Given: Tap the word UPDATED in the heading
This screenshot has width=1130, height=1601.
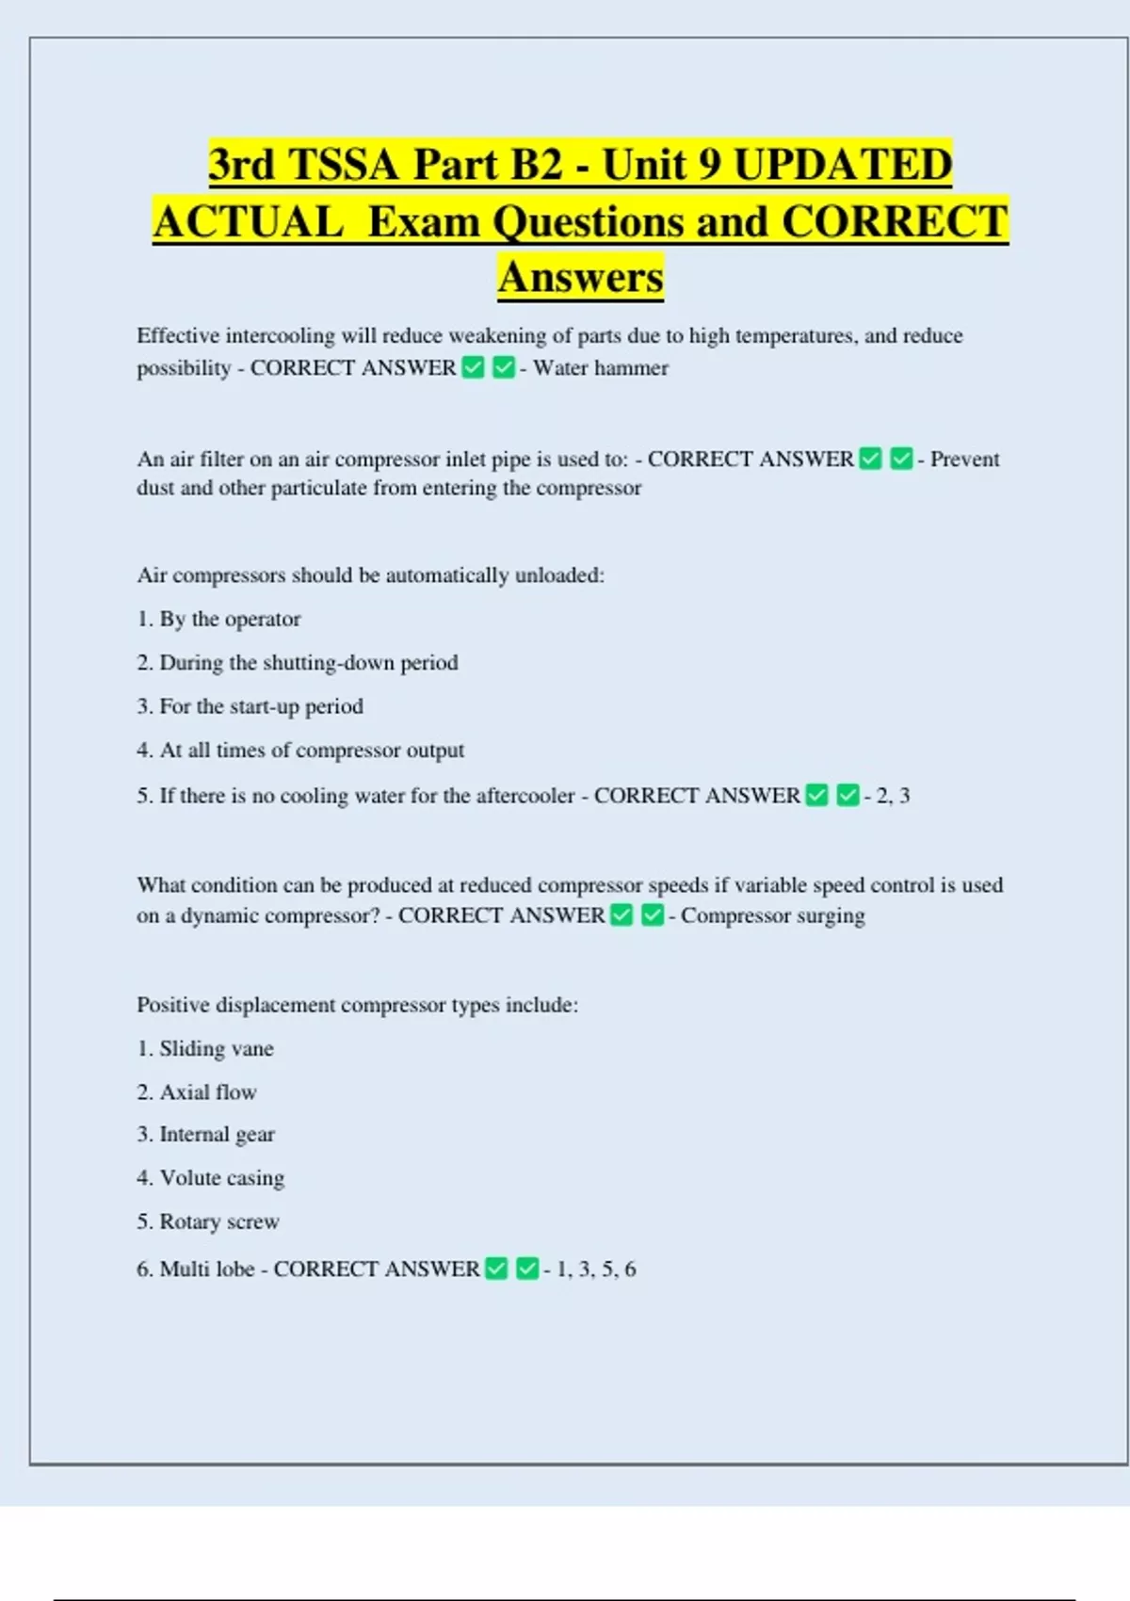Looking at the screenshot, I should pyautogui.click(x=842, y=165).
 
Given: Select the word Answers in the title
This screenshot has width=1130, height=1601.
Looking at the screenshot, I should pyautogui.click(x=580, y=278).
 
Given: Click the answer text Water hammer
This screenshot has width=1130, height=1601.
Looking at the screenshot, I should pyautogui.click(x=601, y=368).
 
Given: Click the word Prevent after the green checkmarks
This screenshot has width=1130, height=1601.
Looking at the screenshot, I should pyautogui.click(x=964, y=460).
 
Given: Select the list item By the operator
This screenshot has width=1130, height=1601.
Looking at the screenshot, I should pyautogui.click(x=230, y=620).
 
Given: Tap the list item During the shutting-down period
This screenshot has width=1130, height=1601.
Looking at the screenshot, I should pyautogui.click(x=308, y=663).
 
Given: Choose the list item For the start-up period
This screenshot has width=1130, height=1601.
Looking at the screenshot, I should pyautogui.click(x=261, y=707).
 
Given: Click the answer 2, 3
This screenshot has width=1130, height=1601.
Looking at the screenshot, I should pyautogui.click(x=893, y=796).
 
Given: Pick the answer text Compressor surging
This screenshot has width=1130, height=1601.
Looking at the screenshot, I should pyautogui.click(x=772, y=916).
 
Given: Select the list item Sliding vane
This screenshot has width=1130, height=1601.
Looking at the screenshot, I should pyautogui.click(x=217, y=1049).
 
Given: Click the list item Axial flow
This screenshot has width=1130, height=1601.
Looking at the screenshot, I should pyautogui.click(x=208, y=1092).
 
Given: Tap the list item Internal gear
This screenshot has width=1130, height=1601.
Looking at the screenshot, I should pyautogui.click(x=217, y=1135).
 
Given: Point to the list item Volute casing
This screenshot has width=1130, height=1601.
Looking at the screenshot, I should pyautogui.click(x=221, y=1178).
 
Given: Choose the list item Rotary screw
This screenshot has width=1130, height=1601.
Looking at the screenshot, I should pyautogui.click(x=219, y=1222).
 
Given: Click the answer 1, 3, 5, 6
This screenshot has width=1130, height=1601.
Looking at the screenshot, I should pyautogui.click(x=596, y=1269).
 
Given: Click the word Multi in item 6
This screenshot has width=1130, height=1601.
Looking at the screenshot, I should pyautogui.click(x=184, y=1269).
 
